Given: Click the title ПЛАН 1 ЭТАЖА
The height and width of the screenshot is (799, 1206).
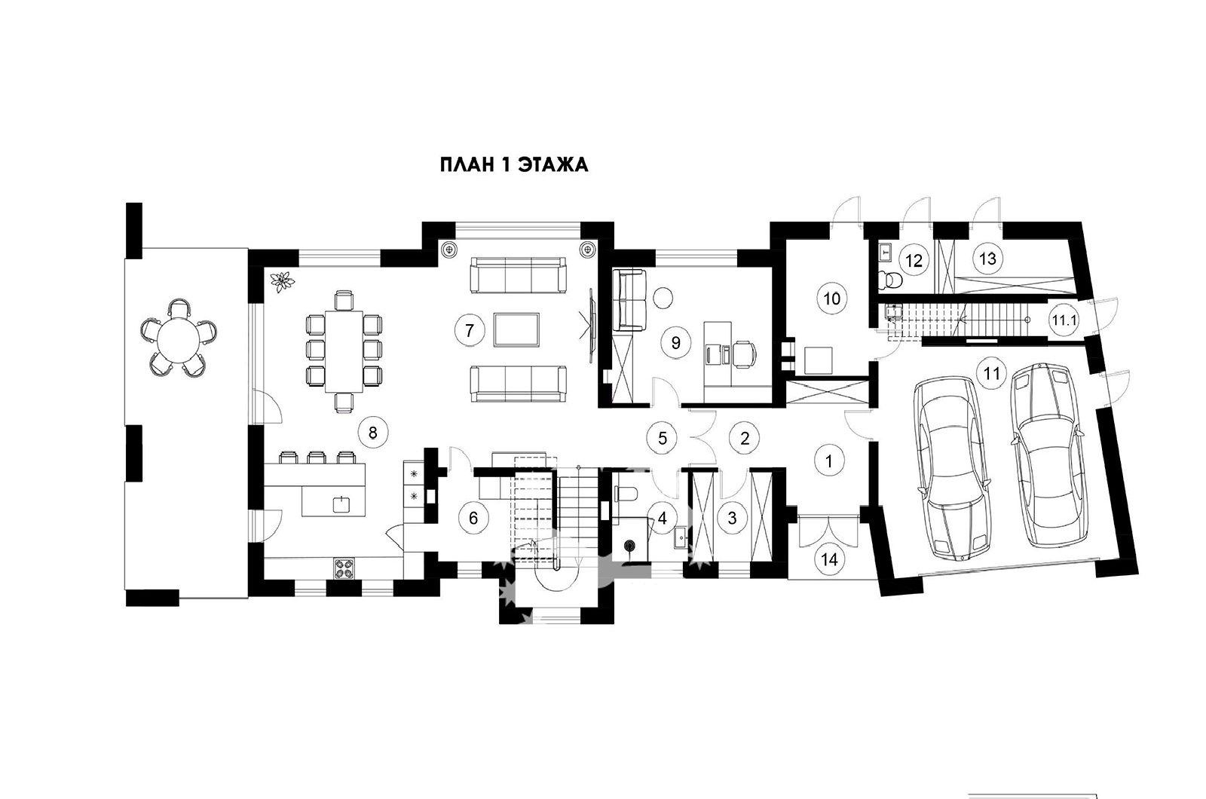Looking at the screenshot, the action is click(x=514, y=165).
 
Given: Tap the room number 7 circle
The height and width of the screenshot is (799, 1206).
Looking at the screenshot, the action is click(x=470, y=330).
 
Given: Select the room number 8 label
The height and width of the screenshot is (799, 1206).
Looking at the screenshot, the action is click(x=372, y=433).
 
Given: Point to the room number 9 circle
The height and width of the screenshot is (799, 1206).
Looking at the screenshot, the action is click(x=676, y=343).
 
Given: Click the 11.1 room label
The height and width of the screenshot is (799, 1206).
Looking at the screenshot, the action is click(x=1064, y=321).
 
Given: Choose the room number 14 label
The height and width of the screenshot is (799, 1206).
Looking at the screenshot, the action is click(x=830, y=560).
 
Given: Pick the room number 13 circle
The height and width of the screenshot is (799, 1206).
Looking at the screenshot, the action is click(x=988, y=259).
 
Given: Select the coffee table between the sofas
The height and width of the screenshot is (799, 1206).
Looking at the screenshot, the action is click(x=516, y=330).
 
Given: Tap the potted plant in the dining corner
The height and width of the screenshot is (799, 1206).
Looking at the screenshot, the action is click(x=282, y=281).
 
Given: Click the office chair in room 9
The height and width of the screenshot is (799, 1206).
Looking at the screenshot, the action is click(x=745, y=355).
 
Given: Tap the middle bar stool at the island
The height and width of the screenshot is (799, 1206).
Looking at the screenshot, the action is click(x=316, y=457).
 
